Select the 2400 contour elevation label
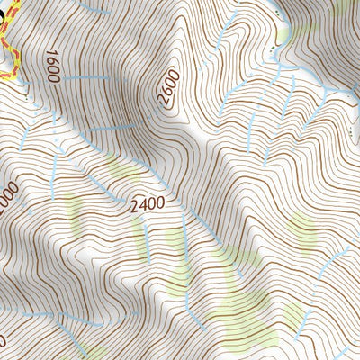(x=147, y=204)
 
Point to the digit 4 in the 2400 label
(x=143, y=204)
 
